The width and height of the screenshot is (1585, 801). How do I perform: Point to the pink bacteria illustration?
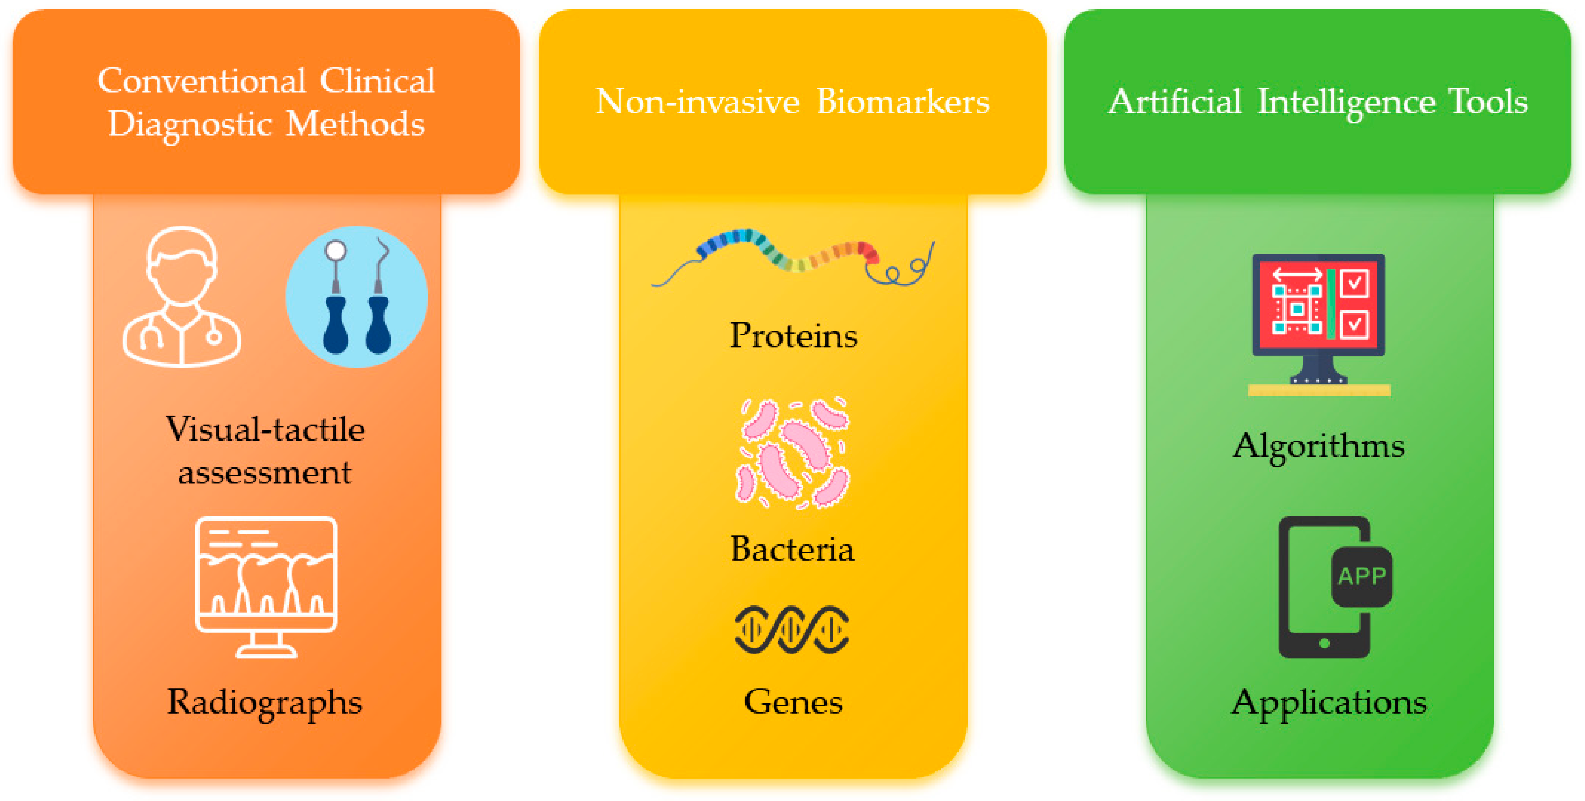(x=793, y=453)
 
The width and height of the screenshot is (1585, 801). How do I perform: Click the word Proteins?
(x=793, y=336)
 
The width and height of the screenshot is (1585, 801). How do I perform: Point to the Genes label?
(x=793, y=701)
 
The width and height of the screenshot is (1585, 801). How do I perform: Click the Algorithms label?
(x=1319, y=445)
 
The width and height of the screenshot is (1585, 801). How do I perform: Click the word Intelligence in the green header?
(x=1346, y=102)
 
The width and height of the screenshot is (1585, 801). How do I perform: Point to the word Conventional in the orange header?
(x=201, y=80)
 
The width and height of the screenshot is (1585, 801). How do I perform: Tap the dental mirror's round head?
(x=335, y=250)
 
